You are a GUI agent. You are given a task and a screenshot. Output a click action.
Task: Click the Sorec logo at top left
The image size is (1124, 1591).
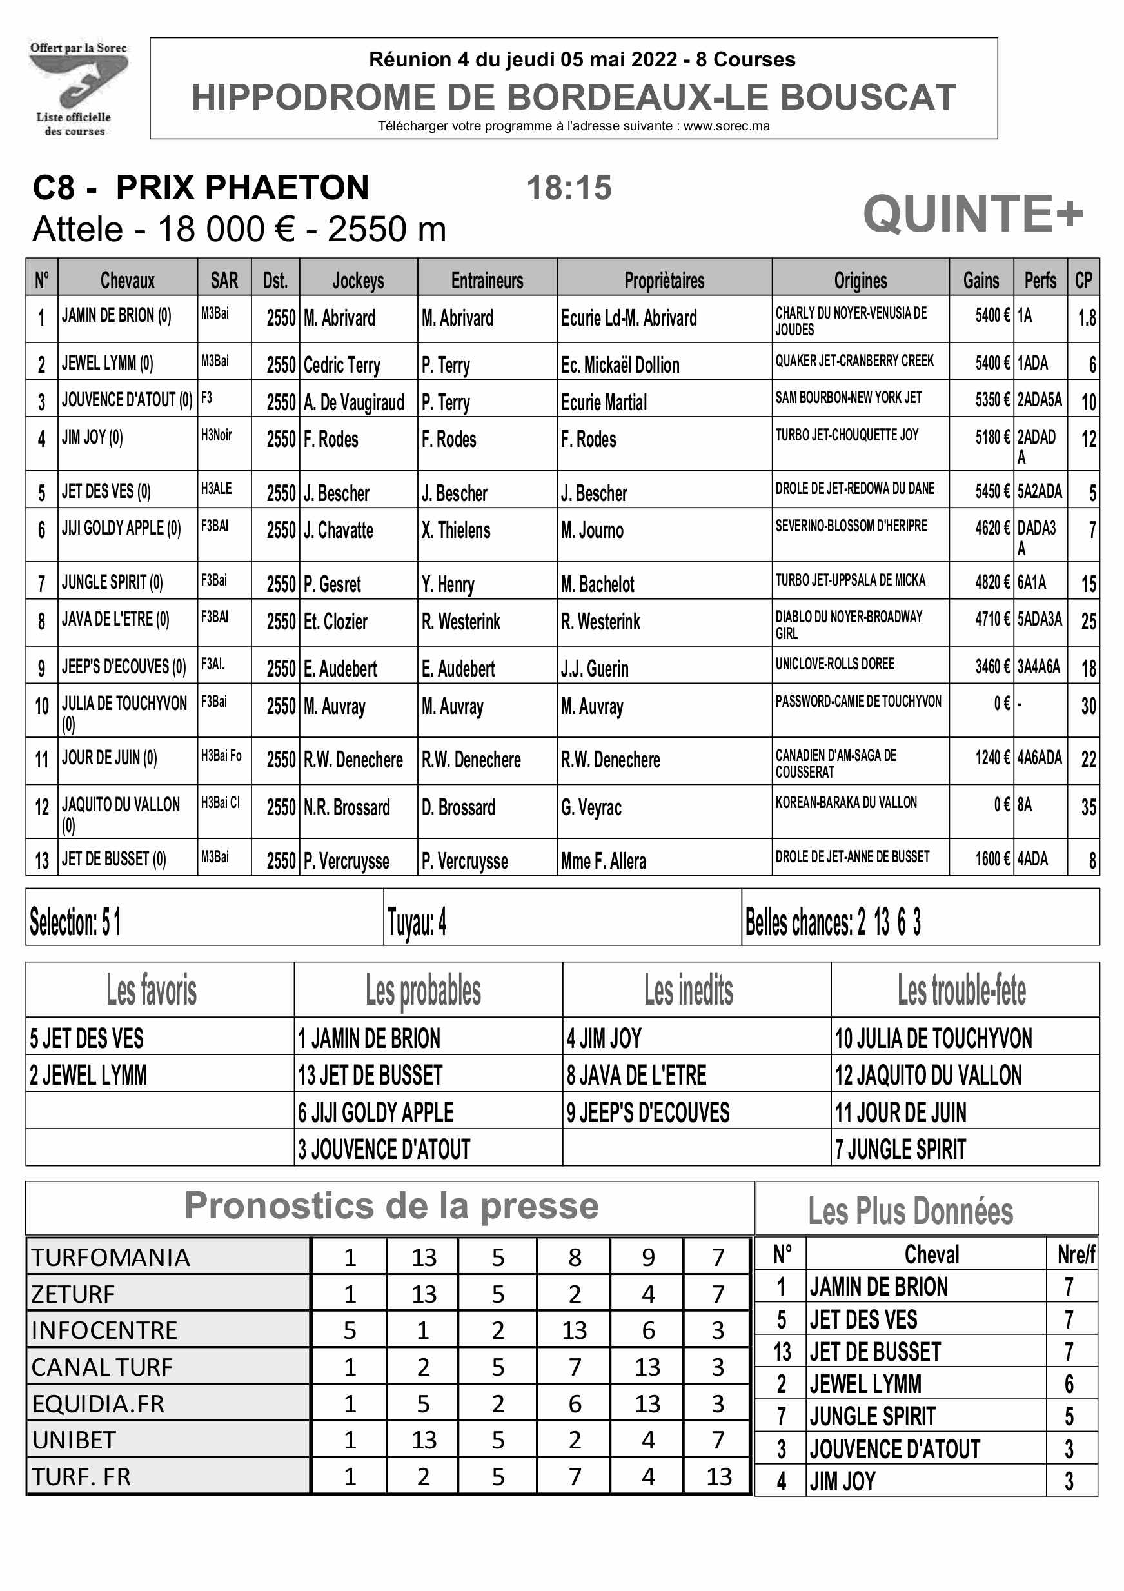click(77, 87)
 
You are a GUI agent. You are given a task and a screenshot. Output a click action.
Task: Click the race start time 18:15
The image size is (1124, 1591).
click(569, 188)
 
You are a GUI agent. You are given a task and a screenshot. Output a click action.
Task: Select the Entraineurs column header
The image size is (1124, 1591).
click(486, 281)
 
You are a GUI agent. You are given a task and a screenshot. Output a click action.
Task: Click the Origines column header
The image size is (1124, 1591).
click(860, 281)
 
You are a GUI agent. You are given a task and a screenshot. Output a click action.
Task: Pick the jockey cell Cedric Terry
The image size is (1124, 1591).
click(342, 364)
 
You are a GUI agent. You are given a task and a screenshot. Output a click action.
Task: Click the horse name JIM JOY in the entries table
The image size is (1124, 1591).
click(92, 437)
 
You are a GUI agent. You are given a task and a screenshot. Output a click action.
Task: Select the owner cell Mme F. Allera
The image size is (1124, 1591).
click(603, 861)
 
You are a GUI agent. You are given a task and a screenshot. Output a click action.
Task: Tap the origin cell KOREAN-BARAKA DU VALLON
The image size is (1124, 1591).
click(846, 802)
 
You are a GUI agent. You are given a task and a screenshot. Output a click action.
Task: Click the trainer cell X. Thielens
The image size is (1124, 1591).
click(455, 531)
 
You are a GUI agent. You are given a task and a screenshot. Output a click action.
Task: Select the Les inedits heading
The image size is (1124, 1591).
click(688, 989)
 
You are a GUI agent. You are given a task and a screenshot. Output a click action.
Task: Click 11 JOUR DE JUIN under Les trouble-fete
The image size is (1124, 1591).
click(900, 1112)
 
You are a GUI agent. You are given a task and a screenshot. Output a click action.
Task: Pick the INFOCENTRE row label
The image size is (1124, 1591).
click(104, 1330)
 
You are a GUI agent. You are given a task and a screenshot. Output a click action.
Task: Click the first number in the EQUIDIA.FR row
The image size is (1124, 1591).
click(350, 1403)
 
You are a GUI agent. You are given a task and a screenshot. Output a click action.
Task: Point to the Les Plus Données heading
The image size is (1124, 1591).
click(910, 1211)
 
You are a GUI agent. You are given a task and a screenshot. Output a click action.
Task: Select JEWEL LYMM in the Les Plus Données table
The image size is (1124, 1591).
click(865, 1384)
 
